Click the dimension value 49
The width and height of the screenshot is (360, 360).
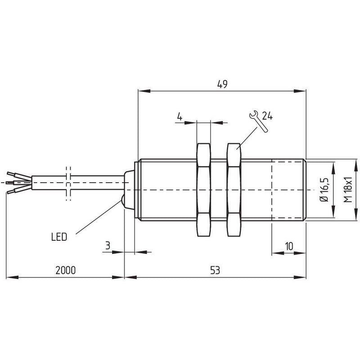(x=222, y=84)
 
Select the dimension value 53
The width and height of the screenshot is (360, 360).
(x=215, y=270)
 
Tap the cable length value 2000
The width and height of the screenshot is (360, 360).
(x=65, y=270)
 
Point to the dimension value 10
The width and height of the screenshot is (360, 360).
(x=289, y=246)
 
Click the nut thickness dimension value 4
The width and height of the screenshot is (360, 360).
(x=180, y=117)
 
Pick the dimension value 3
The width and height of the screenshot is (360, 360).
(x=108, y=246)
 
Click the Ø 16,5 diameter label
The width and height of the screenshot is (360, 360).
(x=325, y=189)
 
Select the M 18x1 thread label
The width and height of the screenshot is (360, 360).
(x=348, y=189)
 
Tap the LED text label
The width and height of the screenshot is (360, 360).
(x=59, y=237)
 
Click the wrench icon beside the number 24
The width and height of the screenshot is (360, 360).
(x=258, y=121)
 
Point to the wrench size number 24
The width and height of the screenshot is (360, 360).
(x=267, y=116)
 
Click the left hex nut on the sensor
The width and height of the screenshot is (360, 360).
(x=204, y=190)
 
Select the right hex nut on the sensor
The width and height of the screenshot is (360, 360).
(x=234, y=190)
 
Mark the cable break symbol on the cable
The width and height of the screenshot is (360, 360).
(x=68, y=184)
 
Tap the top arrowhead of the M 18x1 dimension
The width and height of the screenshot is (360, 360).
(x=356, y=165)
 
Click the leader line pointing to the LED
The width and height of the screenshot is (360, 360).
(x=98, y=217)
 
